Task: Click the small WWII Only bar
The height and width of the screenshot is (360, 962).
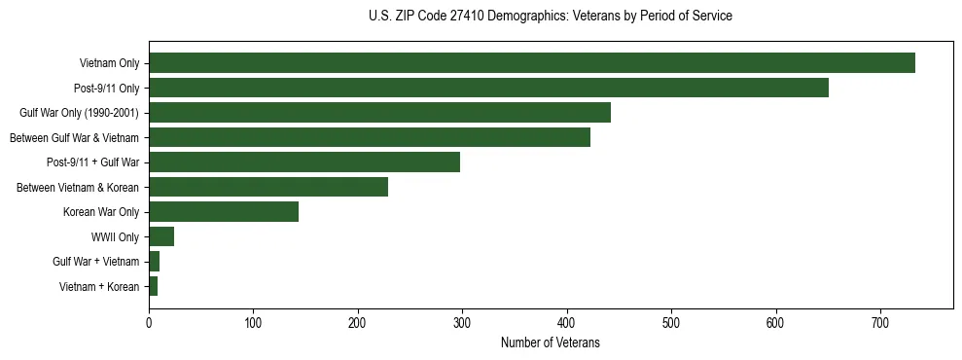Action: [160, 236]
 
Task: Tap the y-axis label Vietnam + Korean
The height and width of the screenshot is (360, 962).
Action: [98, 287]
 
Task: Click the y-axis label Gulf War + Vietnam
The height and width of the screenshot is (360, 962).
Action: [95, 262]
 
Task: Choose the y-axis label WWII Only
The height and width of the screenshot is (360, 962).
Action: [115, 237]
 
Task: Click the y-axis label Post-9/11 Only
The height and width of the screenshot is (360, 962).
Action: [106, 89]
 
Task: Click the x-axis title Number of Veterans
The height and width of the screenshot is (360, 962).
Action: [550, 342]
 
